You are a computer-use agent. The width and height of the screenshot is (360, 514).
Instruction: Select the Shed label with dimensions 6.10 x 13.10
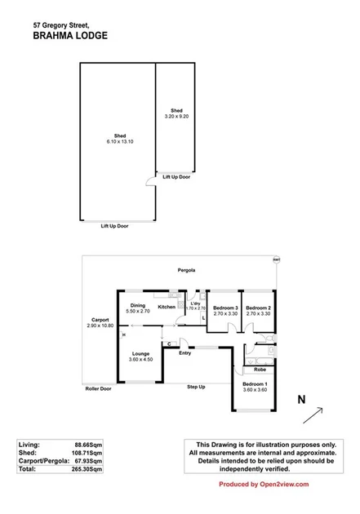[118, 138]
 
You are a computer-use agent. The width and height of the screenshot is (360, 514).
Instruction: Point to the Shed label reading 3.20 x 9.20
[176, 113]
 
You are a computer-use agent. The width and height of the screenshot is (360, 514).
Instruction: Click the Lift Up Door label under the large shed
[115, 225]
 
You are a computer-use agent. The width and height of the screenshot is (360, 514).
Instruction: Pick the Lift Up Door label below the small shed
[176, 176]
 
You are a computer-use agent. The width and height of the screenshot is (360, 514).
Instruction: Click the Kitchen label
[167, 307]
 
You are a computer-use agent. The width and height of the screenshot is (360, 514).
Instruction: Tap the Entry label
[185, 352]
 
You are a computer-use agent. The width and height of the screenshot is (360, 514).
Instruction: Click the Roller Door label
[98, 388]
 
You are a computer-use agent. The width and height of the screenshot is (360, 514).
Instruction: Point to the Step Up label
[196, 386]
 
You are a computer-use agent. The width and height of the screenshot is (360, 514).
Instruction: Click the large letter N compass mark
[301, 399]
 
